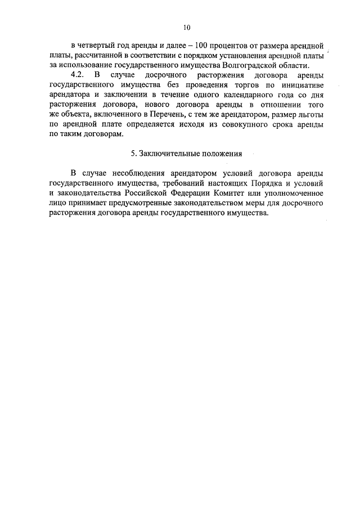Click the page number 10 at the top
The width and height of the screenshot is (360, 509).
(x=187, y=27)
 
